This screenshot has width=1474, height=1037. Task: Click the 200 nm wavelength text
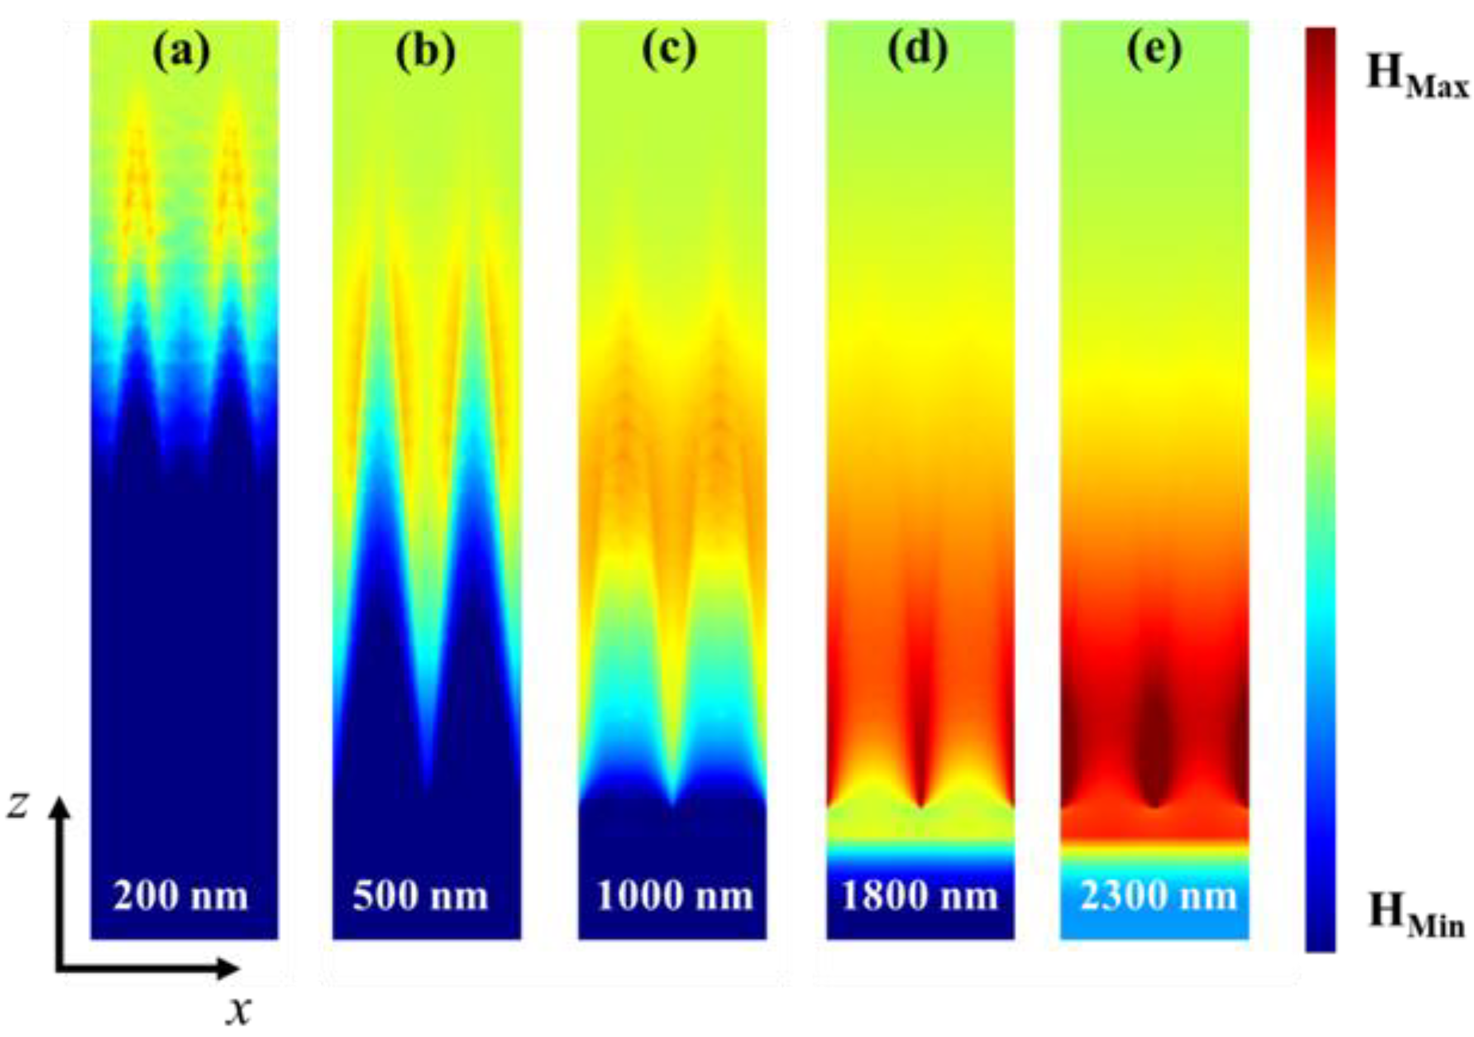coord(181,896)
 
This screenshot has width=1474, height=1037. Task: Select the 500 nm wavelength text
coord(421,896)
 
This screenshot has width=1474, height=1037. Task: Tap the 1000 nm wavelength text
coord(674,896)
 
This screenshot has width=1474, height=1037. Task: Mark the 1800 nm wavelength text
coord(919,896)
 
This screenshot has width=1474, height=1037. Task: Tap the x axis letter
coord(239,1011)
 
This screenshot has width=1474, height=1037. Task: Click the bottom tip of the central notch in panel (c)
coord(672,803)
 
